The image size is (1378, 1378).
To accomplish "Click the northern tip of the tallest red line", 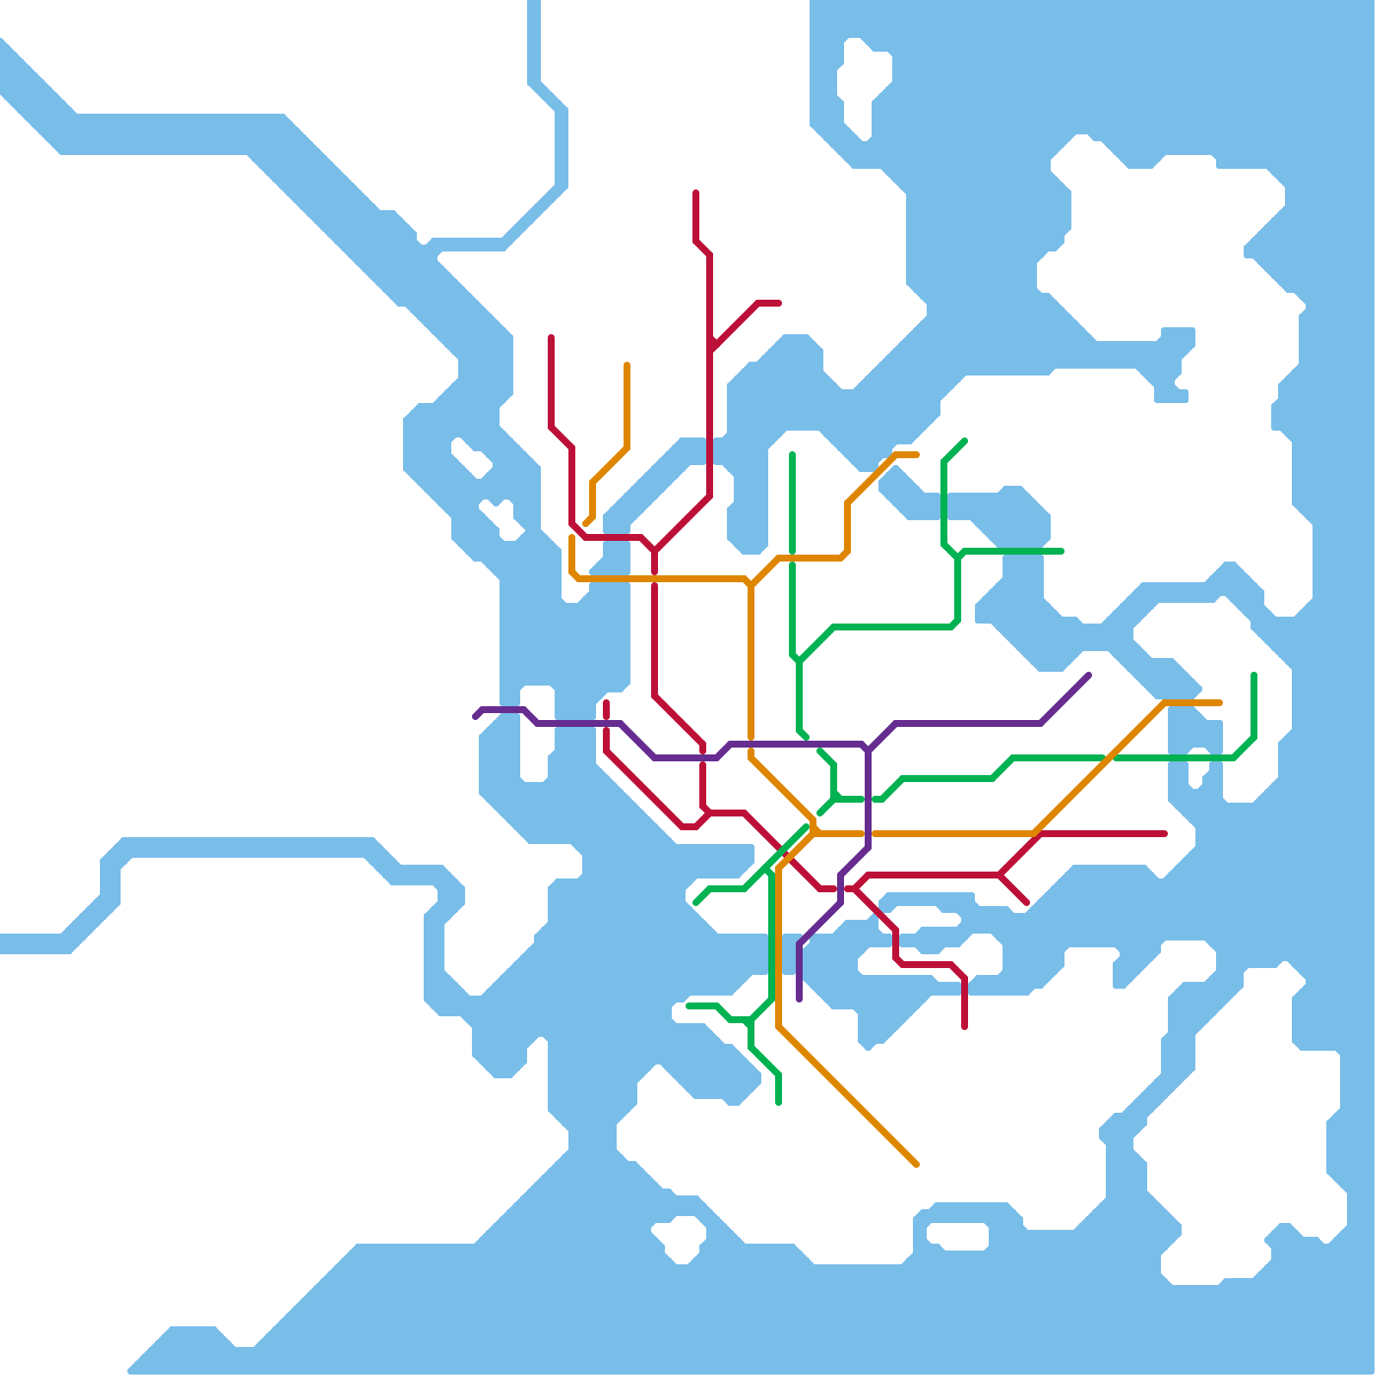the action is [x=696, y=192].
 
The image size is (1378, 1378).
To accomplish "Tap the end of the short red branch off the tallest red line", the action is [x=779, y=303].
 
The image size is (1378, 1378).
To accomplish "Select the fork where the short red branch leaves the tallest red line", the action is [x=711, y=348].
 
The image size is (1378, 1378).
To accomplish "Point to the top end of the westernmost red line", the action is [x=551, y=337].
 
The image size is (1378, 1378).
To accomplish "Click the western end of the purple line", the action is [x=475, y=716].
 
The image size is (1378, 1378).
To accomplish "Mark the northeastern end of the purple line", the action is [x=1089, y=675].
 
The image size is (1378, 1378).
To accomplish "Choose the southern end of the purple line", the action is [x=799, y=1000].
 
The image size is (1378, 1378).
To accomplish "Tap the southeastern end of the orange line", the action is [x=916, y=1164].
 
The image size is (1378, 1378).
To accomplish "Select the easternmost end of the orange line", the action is [x=1220, y=703].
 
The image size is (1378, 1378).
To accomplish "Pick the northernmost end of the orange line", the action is [x=627, y=364].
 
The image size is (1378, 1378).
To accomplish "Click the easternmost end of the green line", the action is [x=1254, y=674].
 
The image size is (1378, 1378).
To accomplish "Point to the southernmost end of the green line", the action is [x=779, y=1102].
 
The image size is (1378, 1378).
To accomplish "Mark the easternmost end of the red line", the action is [x=1165, y=834].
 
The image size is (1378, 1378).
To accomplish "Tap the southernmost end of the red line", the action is [x=965, y=1027].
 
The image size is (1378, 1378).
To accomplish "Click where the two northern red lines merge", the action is [x=655, y=549].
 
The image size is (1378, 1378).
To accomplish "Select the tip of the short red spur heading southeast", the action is [x=1027, y=903].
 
